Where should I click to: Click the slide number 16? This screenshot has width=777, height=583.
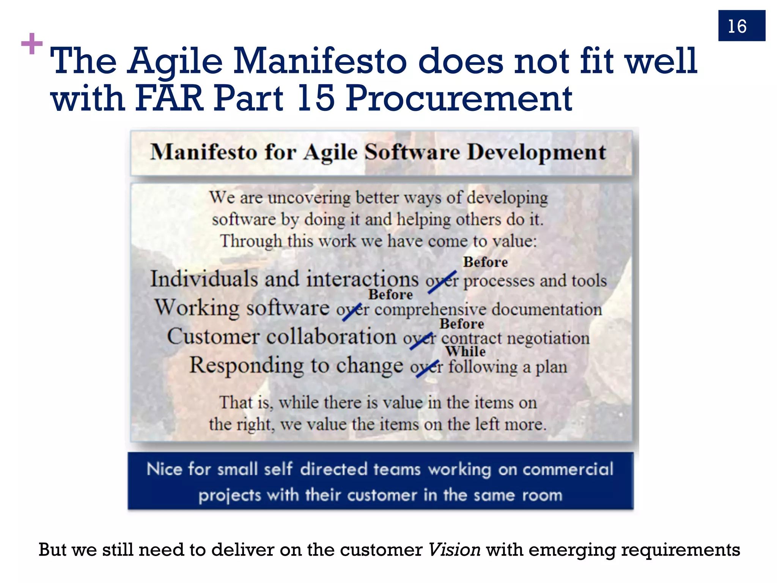pos(737,27)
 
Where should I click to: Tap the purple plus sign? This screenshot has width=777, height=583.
pos(32,44)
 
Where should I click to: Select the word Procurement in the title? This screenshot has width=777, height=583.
pos(459,98)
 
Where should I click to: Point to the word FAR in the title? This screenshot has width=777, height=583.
pos(169,98)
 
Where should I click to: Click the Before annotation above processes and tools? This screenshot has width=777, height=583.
pos(485,262)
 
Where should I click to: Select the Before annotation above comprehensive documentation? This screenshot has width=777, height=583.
pos(390,295)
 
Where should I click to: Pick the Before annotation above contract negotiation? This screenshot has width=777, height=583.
pos(462,324)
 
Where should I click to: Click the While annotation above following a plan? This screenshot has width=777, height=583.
pos(465,351)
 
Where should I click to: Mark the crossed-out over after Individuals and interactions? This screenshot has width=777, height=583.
pos(442,282)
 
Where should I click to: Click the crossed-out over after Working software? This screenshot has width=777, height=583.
pos(352,310)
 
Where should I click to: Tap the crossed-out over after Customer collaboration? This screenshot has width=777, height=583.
pos(420,339)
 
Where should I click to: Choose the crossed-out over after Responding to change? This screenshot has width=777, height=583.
pos(426,367)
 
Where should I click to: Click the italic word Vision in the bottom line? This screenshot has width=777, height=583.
pos(454,550)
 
